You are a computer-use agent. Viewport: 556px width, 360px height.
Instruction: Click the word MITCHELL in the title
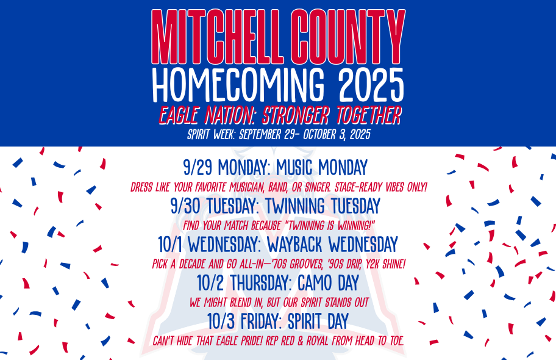(217, 37)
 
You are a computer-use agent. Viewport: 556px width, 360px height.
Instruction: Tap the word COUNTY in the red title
(349, 37)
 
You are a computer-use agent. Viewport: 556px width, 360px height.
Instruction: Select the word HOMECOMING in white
(238, 84)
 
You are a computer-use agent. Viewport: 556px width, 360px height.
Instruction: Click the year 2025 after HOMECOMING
(371, 84)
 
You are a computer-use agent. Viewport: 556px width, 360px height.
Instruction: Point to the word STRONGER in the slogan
(296, 115)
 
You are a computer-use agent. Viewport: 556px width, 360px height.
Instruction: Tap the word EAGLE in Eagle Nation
(179, 115)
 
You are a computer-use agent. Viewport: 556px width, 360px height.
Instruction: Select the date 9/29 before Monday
(197, 167)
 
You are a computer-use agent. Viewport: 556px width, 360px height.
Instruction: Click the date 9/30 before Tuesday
(185, 206)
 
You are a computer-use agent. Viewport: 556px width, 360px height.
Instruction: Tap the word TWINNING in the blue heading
(294, 206)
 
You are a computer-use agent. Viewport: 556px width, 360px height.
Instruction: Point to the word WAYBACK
(294, 244)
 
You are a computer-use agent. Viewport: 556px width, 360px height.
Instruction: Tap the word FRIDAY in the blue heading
(260, 321)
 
